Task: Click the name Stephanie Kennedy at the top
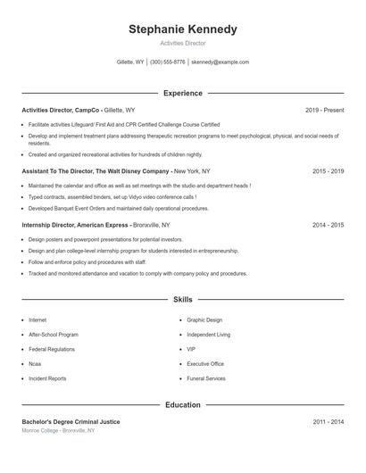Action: (x=182, y=29)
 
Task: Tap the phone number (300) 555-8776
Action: (x=168, y=62)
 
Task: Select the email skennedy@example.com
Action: (x=220, y=62)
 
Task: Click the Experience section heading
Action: (x=182, y=93)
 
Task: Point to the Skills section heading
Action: (x=182, y=299)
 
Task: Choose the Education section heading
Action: (x=182, y=405)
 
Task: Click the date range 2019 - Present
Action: (x=324, y=110)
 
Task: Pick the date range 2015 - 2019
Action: (x=328, y=170)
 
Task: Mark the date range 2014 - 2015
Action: (x=328, y=225)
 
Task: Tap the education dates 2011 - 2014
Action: (x=328, y=421)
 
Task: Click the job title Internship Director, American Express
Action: (x=76, y=225)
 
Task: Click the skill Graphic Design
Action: (x=204, y=319)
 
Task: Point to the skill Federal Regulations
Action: (x=53, y=349)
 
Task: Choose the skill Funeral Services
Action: (x=206, y=378)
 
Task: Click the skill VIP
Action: (x=191, y=349)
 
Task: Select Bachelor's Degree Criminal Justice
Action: (x=71, y=421)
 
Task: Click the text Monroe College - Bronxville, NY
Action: (x=58, y=431)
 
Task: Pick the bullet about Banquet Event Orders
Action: (x=118, y=208)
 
